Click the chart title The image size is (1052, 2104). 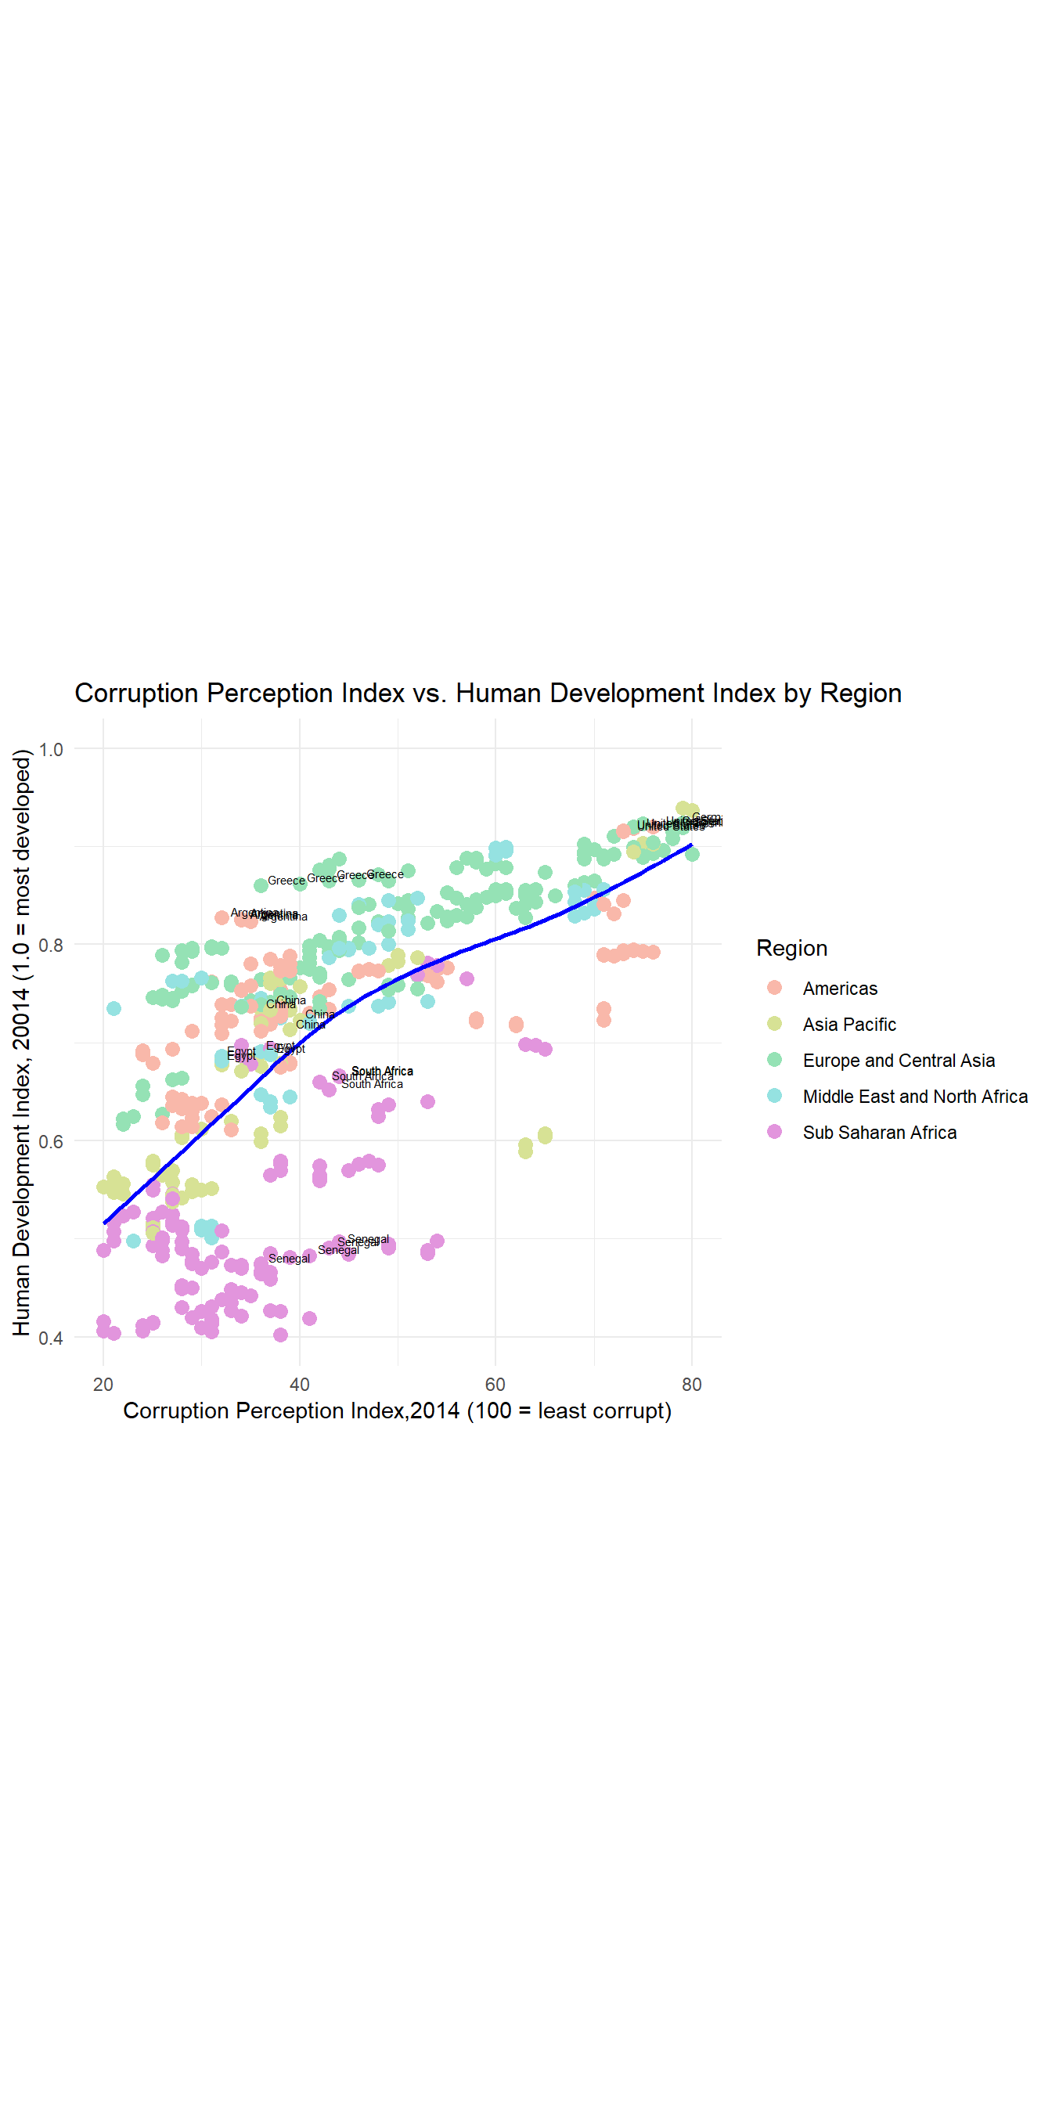[x=488, y=693]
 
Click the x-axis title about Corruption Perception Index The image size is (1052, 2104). [x=397, y=1410]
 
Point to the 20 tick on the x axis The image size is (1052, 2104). [x=103, y=1384]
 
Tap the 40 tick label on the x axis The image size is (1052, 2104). [x=299, y=1384]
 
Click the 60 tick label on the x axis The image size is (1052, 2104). [x=495, y=1384]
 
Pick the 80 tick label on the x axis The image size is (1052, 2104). [x=691, y=1384]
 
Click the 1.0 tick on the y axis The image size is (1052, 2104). [x=51, y=749]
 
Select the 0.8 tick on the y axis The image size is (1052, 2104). [x=51, y=945]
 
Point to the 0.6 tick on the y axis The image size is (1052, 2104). [x=51, y=1141]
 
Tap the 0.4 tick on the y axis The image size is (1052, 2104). [x=51, y=1337]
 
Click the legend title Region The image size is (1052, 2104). [x=791, y=947]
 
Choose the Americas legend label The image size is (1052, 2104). [x=840, y=989]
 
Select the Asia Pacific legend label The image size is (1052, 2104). [x=848, y=1025]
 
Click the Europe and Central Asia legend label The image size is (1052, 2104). [x=899, y=1060]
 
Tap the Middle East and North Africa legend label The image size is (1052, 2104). [x=915, y=1096]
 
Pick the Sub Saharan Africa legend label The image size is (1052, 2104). [x=879, y=1132]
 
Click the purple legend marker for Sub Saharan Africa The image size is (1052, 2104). [x=774, y=1131]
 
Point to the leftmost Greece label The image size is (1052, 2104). [x=286, y=881]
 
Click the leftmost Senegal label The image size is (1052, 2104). [x=289, y=1259]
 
